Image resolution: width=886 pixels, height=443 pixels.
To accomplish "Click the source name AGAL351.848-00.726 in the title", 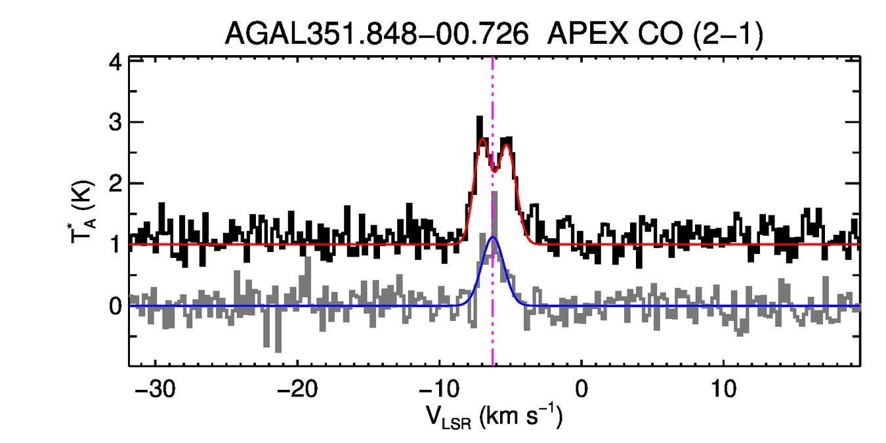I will [x=377, y=34].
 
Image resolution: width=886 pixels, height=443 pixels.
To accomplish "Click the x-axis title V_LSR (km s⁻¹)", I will [x=494, y=416].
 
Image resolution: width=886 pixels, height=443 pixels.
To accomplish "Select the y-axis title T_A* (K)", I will [x=83, y=212].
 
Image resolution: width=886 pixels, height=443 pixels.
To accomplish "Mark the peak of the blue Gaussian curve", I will [x=493, y=237].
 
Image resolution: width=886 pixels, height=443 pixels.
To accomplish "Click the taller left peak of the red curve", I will [x=482, y=138].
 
